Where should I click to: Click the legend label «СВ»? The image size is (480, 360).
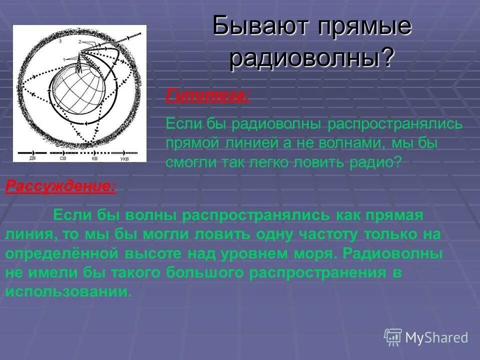click(62, 158)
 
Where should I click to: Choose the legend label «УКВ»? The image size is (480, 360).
click(125, 158)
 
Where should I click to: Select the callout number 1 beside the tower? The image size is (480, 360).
click(63, 59)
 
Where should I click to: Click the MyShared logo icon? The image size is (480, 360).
click(393, 337)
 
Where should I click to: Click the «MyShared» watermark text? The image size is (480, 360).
click(436, 337)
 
